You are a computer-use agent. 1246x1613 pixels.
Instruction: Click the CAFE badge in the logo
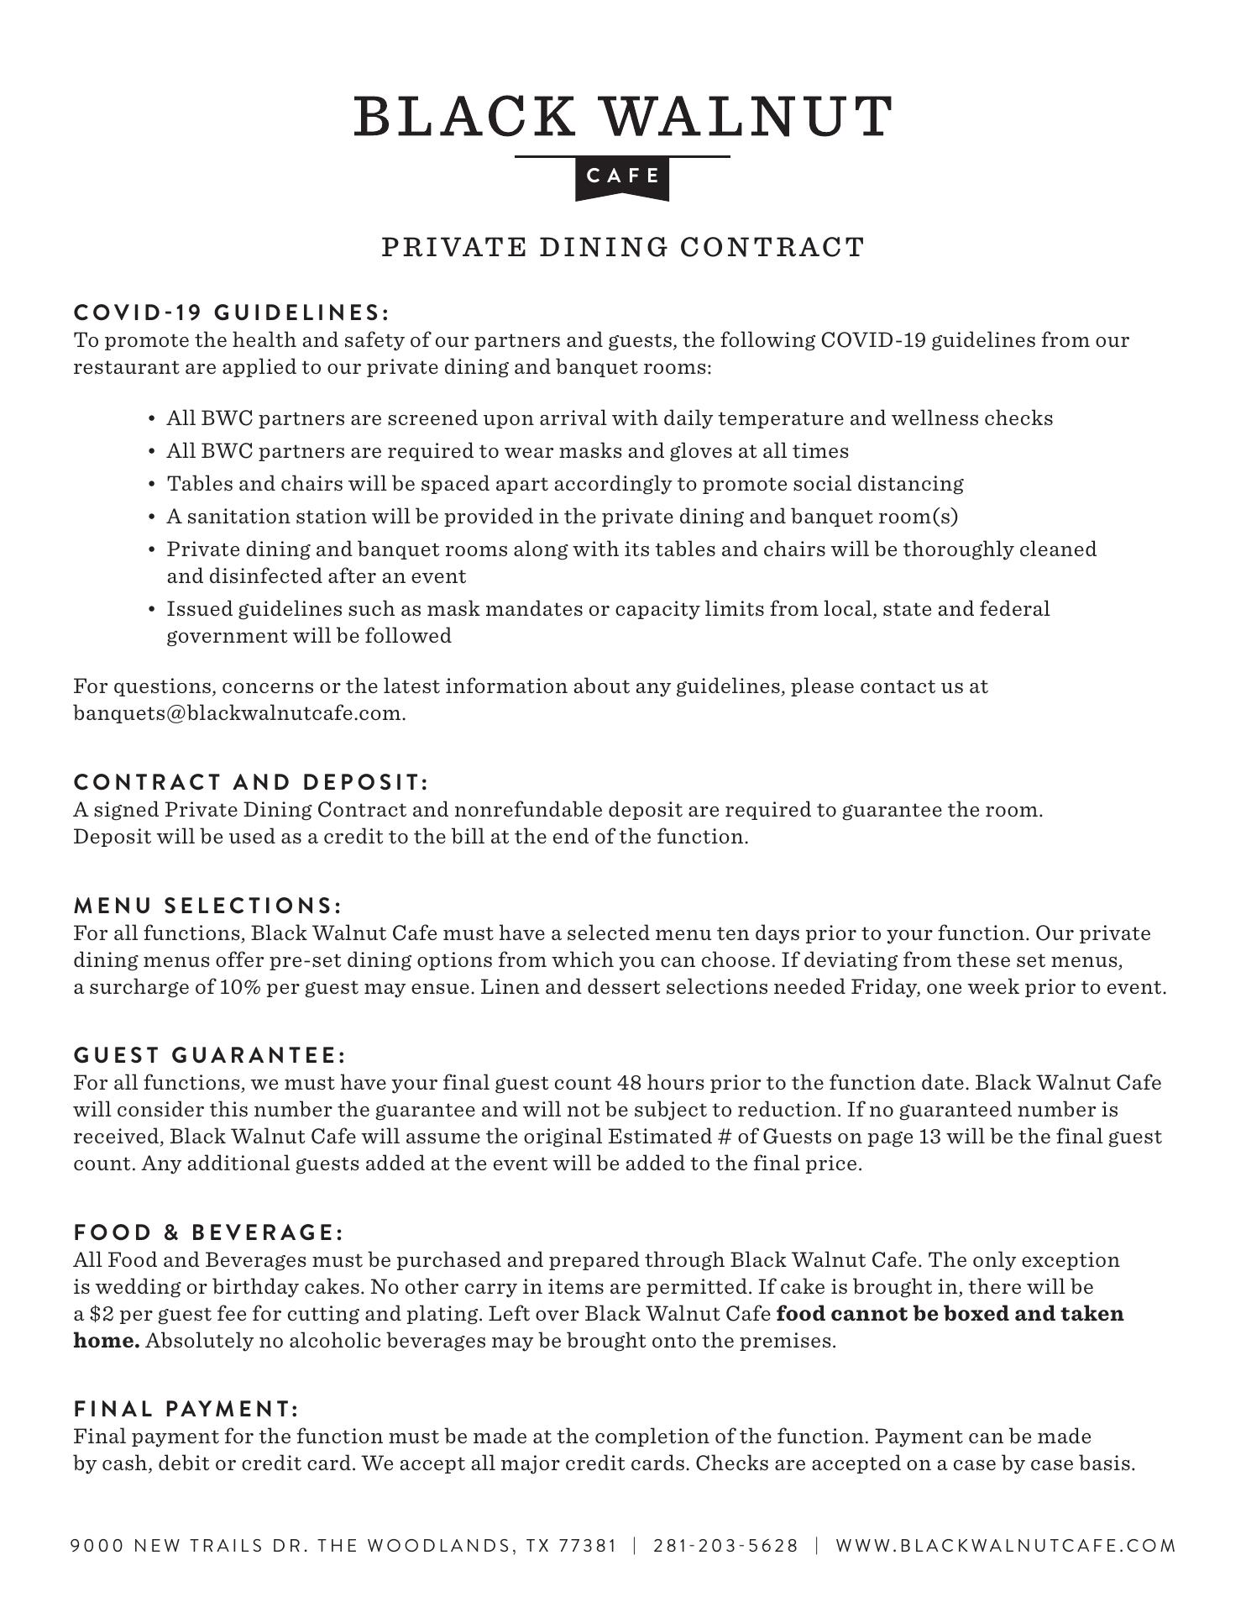coord(622,176)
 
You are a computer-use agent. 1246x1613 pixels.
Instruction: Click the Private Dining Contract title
coord(623,248)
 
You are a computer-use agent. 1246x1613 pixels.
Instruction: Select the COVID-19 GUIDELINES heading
coord(232,313)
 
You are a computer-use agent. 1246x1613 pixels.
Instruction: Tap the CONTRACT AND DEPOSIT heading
coord(251,782)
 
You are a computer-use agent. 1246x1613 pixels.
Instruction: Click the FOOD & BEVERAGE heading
coord(209,1232)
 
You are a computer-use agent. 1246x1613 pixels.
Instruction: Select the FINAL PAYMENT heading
coord(186,1409)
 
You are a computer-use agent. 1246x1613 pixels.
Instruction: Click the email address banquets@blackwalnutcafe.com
coord(239,713)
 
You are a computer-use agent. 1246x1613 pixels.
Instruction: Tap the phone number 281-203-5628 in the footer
coord(725,1546)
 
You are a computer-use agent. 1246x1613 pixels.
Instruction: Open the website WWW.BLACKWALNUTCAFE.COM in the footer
coord(1006,1546)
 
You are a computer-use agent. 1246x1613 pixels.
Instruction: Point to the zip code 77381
coord(588,1546)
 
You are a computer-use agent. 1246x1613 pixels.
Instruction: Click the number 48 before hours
coord(629,1083)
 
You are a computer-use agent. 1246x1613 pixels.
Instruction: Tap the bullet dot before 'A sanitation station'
coord(151,517)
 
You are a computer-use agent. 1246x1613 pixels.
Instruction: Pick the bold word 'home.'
coord(107,1341)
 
